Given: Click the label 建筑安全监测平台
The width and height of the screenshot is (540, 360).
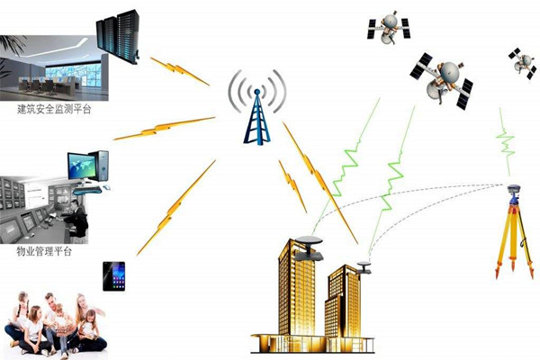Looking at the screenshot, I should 54,109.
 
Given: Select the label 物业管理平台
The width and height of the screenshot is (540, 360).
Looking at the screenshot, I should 44,251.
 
